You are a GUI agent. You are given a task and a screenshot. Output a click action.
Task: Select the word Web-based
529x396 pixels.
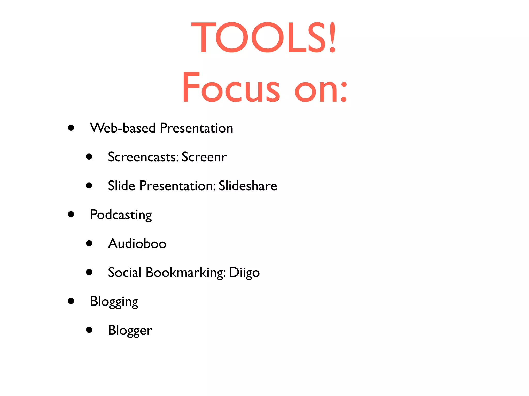click(x=123, y=128)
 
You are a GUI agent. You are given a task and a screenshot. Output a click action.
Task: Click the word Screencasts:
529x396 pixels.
click(x=143, y=157)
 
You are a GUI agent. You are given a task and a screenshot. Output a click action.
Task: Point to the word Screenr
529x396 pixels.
click(x=204, y=157)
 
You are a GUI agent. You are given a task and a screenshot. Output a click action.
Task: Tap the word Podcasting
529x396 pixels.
click(x=121, y=215)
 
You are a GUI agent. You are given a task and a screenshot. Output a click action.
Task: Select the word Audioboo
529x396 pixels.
click(x=137, y=243)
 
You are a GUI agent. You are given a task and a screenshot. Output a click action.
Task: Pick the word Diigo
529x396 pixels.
click(x=244, y=273)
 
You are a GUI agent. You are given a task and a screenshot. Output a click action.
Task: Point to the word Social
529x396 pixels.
click(x=125, y=272)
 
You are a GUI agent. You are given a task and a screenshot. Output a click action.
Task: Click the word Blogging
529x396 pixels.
click(x=114, y=302)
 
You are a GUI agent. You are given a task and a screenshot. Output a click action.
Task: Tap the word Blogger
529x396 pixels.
click(x=130, y=331)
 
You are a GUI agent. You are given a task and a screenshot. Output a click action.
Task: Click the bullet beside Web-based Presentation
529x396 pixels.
click(x=71, y=128)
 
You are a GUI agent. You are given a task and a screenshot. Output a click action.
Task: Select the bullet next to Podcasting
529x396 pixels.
click(x=71, y=214)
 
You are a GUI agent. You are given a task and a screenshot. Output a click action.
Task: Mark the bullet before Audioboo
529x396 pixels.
click(x=89, y=243)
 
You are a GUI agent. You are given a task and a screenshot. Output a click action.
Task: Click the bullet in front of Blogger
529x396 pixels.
click(x=89, y=330)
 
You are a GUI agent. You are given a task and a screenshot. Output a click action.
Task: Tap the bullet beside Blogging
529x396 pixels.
click(x=71, y=301)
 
